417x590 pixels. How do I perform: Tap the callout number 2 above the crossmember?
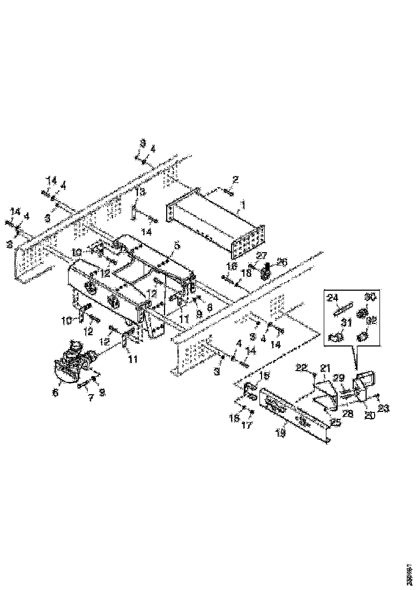[235, 179]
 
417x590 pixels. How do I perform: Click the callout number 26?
[282, 262]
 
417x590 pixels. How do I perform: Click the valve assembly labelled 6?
[72, 359]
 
